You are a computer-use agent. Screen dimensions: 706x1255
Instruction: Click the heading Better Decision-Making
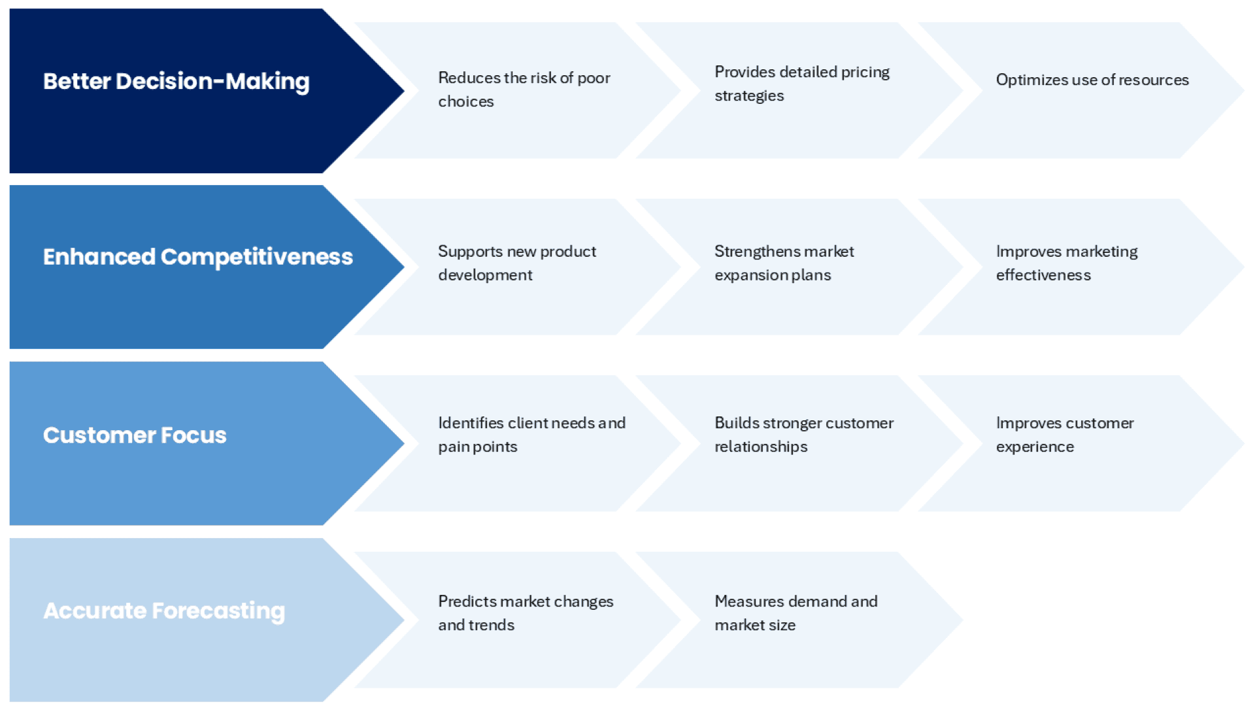point(176,82)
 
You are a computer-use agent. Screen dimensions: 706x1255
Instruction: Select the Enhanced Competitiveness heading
point(197,257)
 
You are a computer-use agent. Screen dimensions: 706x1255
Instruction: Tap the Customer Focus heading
point(135,435)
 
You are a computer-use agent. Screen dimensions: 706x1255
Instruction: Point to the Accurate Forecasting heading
point(164,611)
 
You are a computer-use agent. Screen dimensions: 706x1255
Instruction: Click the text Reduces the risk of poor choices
point(524,90)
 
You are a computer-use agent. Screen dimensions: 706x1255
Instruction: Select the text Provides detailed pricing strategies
point(801,84)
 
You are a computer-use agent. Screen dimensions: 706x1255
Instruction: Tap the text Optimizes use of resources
point(1092,80)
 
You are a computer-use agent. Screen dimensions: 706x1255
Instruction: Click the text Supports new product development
point(516,263)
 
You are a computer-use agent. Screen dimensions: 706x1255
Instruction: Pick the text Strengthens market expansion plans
point(784,263)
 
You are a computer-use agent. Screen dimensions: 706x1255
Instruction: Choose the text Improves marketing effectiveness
point(1066,263)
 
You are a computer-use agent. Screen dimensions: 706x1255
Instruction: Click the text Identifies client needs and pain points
point(531,435)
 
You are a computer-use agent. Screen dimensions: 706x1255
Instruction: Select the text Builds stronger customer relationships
point(803,435)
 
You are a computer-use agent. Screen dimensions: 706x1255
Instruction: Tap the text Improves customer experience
point(1064,435)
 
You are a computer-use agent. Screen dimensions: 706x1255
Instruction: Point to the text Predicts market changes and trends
point(525,613)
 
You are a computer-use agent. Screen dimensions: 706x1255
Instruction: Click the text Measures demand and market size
point(795,613)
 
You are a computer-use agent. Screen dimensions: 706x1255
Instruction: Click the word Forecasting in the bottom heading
point(218,611)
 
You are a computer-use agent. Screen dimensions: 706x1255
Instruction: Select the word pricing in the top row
point(865,72)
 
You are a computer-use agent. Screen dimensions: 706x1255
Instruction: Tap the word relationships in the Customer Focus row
point(761,447)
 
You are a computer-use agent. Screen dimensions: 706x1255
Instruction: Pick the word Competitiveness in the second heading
point(256,257)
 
